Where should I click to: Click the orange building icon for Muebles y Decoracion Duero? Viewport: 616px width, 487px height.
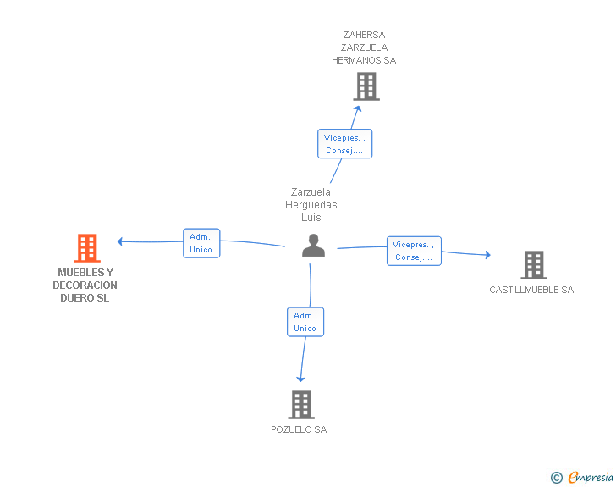[x=87, y=248]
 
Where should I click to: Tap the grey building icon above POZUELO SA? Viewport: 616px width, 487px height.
[x=301, y=404]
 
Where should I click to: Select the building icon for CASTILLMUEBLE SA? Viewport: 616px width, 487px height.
[x=534, y=265]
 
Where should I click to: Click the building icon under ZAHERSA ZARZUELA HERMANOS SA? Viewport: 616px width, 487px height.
[x=366, y=86]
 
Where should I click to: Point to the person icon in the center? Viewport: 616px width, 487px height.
[x=313, y=245]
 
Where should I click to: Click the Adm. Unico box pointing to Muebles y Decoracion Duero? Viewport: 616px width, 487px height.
[x=201, y=243]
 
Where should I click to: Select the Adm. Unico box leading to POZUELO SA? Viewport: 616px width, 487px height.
[x=305, y=322]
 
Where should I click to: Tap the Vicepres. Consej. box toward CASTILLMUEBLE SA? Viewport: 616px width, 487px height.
[x=414, y=251]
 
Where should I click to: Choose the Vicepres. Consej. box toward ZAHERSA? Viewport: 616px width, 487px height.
[x=344, y=144]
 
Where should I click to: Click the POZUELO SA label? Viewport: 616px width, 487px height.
[x=299, y=429]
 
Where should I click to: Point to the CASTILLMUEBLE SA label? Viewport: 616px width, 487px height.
[x=531, y=290]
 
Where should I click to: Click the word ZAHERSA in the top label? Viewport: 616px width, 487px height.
[x=364, y=35]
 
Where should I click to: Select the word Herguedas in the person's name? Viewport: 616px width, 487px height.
[x=311, y=205]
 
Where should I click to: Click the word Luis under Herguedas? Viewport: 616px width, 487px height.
[x=311, y=217]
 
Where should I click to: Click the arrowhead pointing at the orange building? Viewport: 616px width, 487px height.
[x=120, y=241]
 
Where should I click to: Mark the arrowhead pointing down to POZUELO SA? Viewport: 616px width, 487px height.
[x=300, y=379]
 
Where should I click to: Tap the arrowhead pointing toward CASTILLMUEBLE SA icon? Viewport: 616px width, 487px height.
[x=488, y=255]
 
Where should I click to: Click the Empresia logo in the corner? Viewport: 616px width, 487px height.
[x=582, y=478]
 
